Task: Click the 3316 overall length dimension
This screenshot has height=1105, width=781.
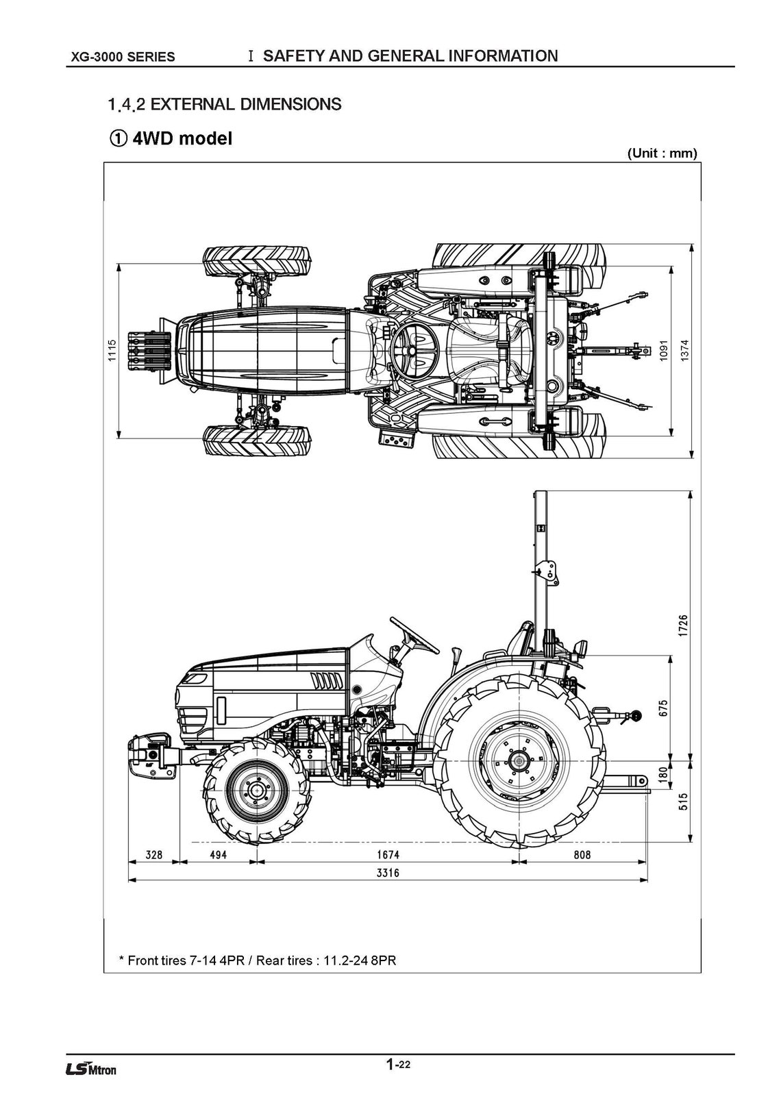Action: pyautogui.click(x=388, y=873)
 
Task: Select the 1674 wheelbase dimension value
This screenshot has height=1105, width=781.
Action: pyautogui.click(x=388, y=855)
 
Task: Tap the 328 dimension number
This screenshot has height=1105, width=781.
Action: pyautogui.click(x=155, y=855)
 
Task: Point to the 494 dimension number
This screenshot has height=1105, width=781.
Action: pyautogui.click(x=218, y=855)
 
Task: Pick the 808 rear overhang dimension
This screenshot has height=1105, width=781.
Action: pyautogui.click(x=581, y=855)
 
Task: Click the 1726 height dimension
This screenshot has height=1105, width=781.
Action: pyautogui.click(x=684, y=626)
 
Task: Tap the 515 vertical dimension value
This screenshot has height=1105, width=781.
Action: pyautogui.click(x=684, y=802)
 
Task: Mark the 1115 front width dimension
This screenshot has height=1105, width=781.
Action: pyautogui.click(x=112, y=351)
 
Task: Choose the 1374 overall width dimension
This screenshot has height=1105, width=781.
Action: pyautogui.click(x=684, y=351)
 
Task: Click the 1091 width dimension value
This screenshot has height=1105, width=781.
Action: pyautogui.click(x=663, y=351)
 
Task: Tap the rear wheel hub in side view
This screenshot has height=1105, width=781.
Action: pyautogui.click(x=519, y=760)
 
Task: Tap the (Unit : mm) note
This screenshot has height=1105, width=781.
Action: pyautogui.click(x=662, y=153)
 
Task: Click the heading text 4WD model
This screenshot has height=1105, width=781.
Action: pyautogui.click(x=182, y=138)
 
